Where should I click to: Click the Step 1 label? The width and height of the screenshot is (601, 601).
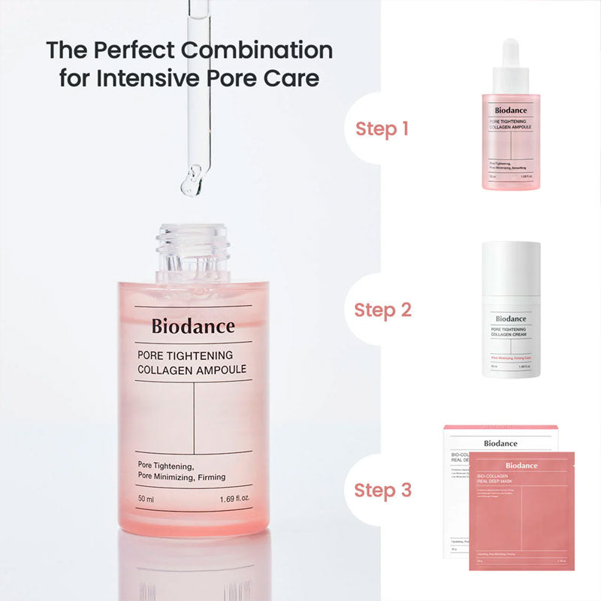382,128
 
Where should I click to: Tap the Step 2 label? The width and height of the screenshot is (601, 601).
382,310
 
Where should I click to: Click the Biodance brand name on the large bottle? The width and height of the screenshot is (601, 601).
193,326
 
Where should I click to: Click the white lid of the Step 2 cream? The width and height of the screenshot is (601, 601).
511,270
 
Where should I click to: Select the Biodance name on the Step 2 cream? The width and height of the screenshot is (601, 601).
511,318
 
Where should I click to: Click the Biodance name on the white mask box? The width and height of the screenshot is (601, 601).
500,443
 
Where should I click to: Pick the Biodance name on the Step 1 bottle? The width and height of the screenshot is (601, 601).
511,110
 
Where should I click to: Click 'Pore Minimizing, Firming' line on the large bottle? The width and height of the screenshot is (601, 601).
182,477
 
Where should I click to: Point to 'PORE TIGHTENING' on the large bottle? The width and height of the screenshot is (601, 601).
185,355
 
